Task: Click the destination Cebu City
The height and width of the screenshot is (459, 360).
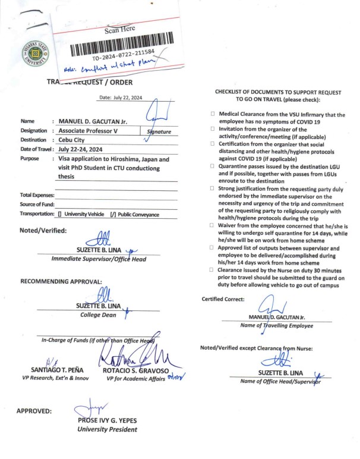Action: tap(74, 140)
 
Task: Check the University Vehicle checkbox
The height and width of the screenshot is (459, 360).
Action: tap(61, 214)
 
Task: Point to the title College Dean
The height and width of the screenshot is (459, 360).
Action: tap(99, 315)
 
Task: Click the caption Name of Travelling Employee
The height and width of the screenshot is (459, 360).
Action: tap(276, 325)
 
